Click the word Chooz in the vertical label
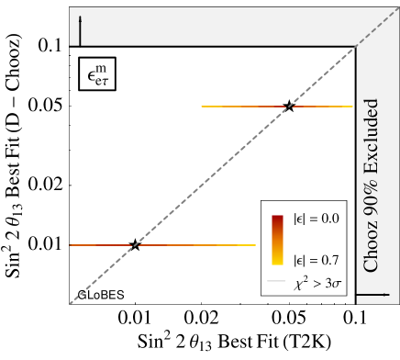[x=371, y=248]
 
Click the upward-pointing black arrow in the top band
[x=80, y=30]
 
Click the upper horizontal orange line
[x=276, y=107]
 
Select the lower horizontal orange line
[x=161, y=245]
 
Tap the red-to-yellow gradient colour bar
[x=277, y=240]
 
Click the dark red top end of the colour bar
[x=277, y=219]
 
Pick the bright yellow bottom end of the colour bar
[x=277, y=262]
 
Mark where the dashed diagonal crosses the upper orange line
[x=288, y=107]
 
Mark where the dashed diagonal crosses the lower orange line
[x=132, y=245]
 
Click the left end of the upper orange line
[x=202, y=107]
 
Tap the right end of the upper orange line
[x=352, y=107]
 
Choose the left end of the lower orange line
[x=70, y=245]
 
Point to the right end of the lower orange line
[x=255, y=245]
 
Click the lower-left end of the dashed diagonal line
[x=71, y=302]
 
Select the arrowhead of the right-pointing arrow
[x=386, y=295]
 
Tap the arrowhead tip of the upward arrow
[x=80, y=17]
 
